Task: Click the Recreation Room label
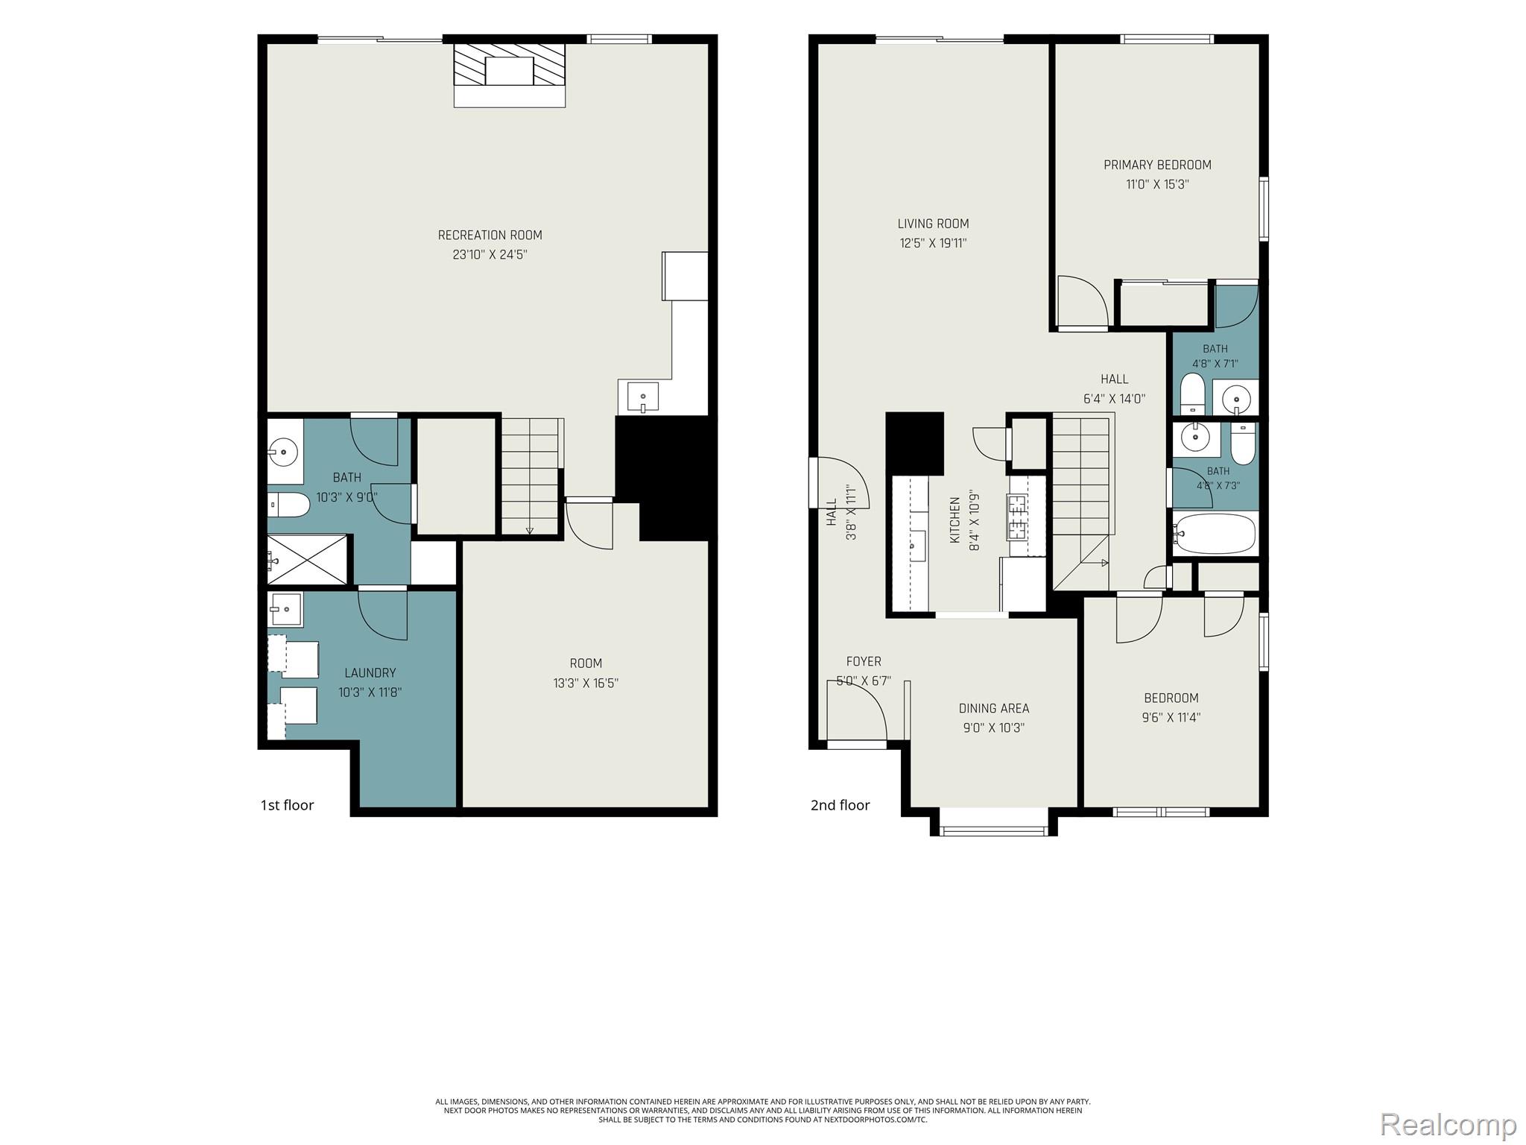(490, 235)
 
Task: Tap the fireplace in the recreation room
(510, 75)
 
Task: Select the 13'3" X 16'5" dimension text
(586, 683)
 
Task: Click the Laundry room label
(370, 672)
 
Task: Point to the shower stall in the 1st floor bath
(307, 559)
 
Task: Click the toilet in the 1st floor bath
(288, 505)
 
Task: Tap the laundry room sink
(285, 610)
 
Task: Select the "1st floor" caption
(287, 805)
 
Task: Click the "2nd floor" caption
(840, 805)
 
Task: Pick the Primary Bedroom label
(1157, 165)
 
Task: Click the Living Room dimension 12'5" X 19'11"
(933, 243)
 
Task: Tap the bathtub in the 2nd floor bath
(1215, 533)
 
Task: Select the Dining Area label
(994, 708)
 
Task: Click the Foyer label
(864, 661)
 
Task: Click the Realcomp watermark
(1449, 1124)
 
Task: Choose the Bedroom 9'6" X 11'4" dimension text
(1171, 718)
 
